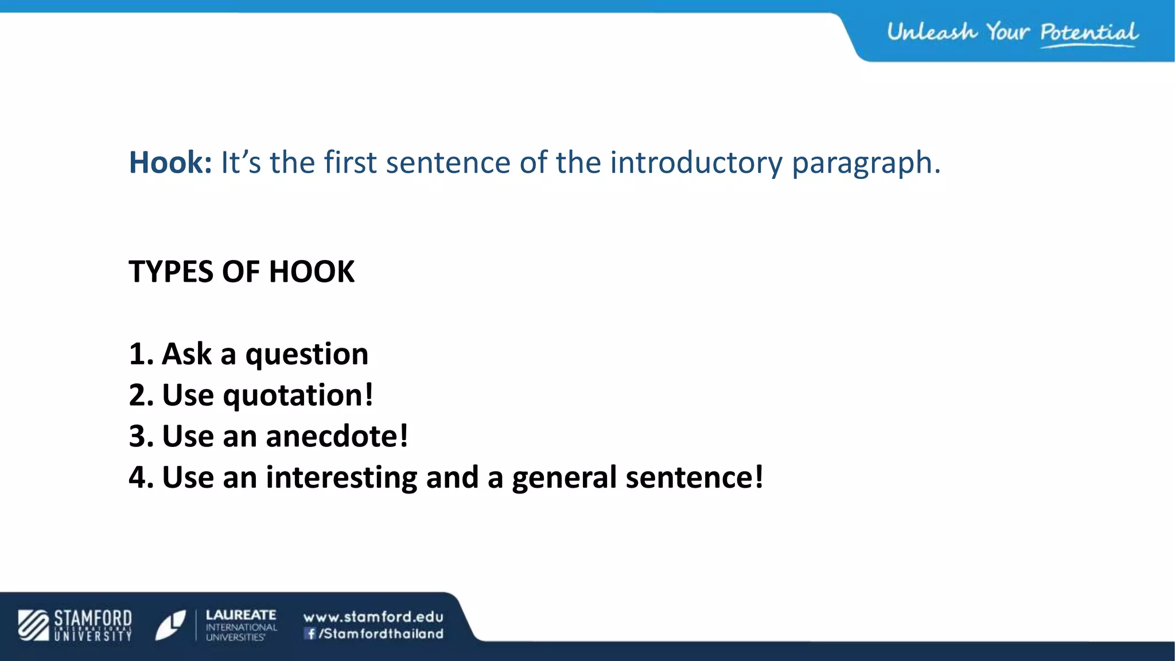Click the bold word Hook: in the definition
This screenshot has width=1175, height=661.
[x=170, y=162]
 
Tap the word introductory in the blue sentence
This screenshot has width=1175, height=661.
[x=696, y=162]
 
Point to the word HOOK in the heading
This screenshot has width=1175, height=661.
[x=312, y=271]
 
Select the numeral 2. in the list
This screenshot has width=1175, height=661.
[x=141, y=395]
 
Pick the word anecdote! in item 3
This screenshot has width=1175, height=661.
[x=337, y=436]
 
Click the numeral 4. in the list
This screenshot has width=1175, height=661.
[x=141, y=477]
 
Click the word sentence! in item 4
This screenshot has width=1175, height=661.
[x=694, y=477]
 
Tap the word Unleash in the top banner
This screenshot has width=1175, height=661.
[x=931, y=32]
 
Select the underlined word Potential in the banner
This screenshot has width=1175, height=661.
[x=1088, y=33]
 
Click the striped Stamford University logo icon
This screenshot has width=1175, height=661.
[x=33, y=625]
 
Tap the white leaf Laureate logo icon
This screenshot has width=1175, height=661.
[x=170, y=625]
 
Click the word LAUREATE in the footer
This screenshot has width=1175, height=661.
[x=241, y=615]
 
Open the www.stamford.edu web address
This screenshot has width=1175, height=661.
[x=373, y=617]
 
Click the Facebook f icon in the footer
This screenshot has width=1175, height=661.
[x=310, y=633]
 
